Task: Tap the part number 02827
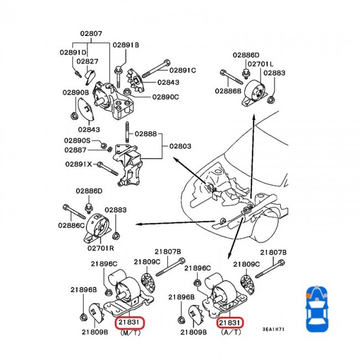coord(88,61)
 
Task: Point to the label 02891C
coord(183,70)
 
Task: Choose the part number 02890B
coord(75,92)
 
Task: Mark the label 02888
coord(146,134)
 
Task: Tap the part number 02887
coord(75,150)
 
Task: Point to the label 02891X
coord(80,164)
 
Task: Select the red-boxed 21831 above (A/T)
coord(230,322)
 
